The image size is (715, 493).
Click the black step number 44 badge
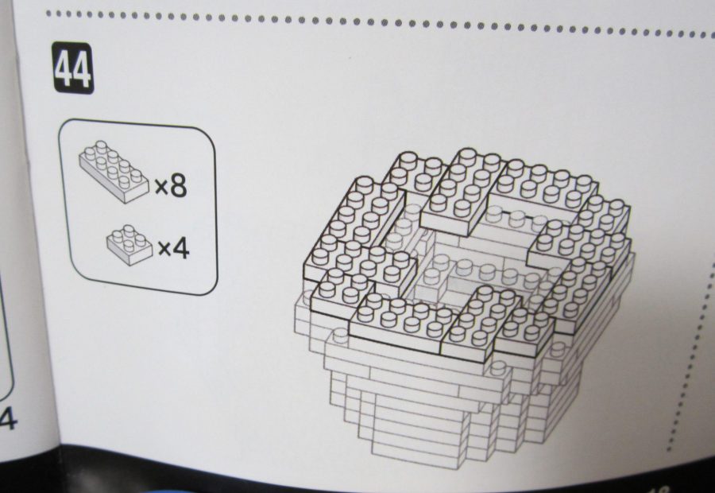(73, 68)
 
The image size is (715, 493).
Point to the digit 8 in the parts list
(179, 185)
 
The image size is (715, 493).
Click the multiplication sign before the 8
(162, 188)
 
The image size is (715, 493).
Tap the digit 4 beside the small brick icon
(181, 248)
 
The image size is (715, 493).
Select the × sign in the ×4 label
(164, 250)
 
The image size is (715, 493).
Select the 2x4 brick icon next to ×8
(114, 171)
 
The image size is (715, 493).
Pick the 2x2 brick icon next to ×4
(130, 245)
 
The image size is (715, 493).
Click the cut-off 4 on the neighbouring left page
(8, 418)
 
